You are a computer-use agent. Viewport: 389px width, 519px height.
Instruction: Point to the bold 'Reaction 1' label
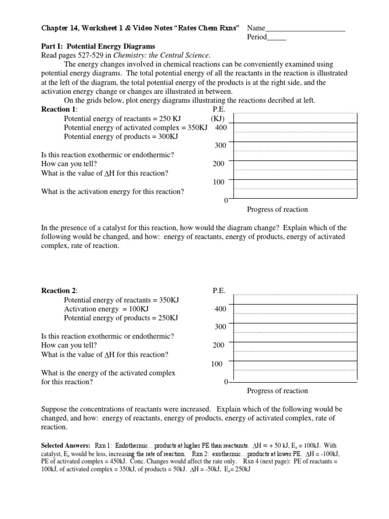(x=59, y=109)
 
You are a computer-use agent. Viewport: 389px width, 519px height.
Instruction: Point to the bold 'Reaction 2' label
(x=59, y=290)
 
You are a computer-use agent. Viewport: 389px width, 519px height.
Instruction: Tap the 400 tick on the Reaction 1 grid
(x=221, y=128)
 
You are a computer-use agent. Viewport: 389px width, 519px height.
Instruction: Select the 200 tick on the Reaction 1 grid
(x=219, y=164)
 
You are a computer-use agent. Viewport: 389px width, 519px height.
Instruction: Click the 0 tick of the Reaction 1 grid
(x=225, y=201)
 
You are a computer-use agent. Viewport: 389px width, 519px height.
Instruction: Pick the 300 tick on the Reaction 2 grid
(x=220, y=327)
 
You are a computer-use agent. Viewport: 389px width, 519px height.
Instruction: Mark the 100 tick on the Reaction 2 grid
(x=217, y=363)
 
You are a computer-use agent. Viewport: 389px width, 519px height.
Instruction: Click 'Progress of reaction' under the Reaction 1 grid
(x=277, y=209)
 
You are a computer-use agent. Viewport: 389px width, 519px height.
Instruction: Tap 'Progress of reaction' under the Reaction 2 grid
(x=277, y=391)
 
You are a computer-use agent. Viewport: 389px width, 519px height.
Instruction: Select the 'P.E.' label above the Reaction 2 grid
(x=219, y=290)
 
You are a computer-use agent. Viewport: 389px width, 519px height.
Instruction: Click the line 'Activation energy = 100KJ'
(x=106, y=309)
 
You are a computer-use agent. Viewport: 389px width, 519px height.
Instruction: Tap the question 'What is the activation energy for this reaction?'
(x=112, y=192)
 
